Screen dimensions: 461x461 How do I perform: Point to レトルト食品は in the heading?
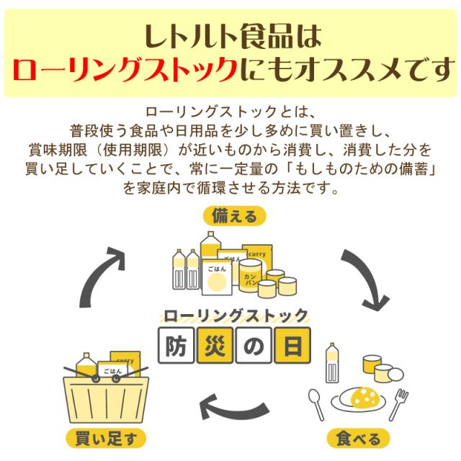(x=230, y=33)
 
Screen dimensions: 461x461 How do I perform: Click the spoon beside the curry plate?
(x=319, y=404)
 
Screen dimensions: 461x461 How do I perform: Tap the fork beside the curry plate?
(x=398, y=404)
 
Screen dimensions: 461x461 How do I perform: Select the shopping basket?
(x=106, y=396)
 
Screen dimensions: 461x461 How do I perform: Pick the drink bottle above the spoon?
(x=334, y=363)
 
